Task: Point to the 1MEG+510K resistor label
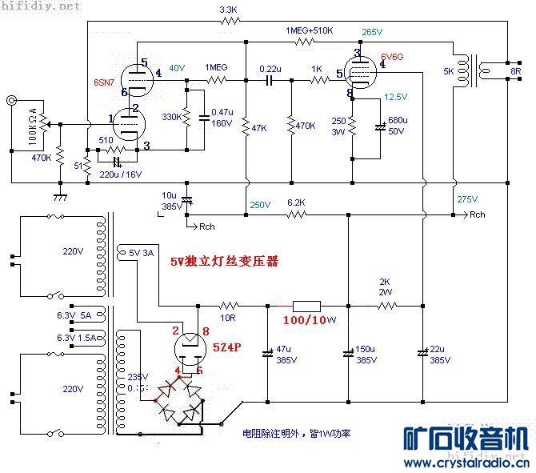tap(310, 30)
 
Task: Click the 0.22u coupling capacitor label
tap(270, 69)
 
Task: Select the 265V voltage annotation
tap(373, 31)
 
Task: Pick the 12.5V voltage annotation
tap(396, 97)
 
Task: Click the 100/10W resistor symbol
tap(306, 305)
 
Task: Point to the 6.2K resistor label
tap(295, 202)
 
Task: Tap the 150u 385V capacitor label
tap(366, 355)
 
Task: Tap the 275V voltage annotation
tap(466, 198)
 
